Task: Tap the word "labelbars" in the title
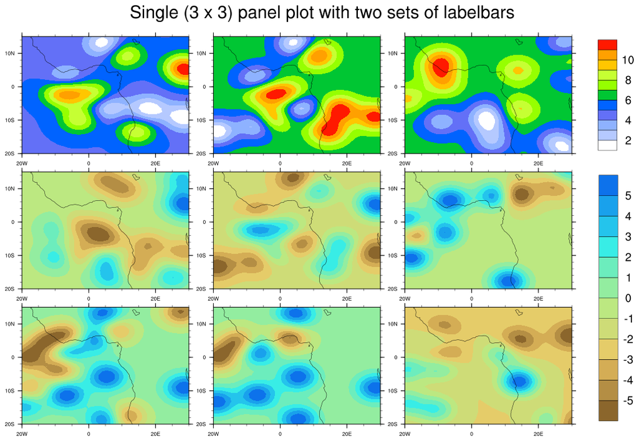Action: (474, 13)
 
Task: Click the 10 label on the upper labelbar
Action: (627, 60)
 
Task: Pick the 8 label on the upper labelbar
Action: (627, 80)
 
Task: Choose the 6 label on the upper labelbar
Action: (627, 100)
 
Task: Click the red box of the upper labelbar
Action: (608, 44)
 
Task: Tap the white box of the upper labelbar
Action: (608, 145)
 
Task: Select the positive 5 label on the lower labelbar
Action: (627, 196)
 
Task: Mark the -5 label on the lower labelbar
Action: (627, 400)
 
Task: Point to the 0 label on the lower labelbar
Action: (627, 298)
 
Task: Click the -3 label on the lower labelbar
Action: (627, 359)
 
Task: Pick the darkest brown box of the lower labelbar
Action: (608, 410)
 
